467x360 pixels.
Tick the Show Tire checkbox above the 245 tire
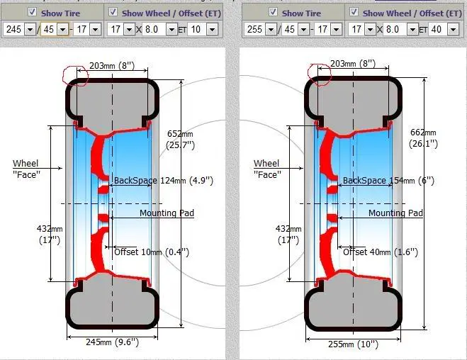tap(32, 12)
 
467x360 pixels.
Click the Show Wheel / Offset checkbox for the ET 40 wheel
tap(354, 12)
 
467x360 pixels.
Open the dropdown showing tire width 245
tap(20, 29)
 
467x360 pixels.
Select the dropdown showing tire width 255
tap(260, 29)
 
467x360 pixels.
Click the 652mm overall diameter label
tap(181, 140)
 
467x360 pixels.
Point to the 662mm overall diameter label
tap(423, 138)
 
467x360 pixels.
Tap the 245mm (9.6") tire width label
tap(112, 342)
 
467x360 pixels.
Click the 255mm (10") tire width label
tap(353, 344)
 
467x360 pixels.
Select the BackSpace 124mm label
tap(164, 180)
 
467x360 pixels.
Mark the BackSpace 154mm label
tap(388, 180)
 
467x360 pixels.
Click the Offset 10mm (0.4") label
tap(152, 252)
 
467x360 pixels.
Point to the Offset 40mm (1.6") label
tap(381, 252)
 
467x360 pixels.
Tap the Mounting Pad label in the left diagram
tap(167, 213)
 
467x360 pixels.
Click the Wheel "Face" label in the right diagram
tap(267, 169)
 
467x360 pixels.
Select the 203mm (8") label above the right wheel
tap(353, 63)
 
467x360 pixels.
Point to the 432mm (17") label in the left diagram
tap(50, 235)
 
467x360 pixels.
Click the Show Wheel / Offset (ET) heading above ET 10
tap(171, 13)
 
